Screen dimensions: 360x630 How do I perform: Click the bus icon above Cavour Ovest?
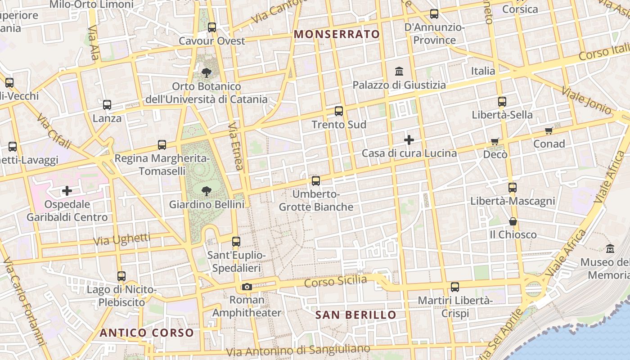(x=212, y=27)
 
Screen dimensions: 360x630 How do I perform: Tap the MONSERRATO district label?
(x=337, y=34)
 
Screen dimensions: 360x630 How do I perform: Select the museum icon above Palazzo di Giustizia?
(x=399, y=72)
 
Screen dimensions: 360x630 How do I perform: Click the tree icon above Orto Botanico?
(x=207, y=72)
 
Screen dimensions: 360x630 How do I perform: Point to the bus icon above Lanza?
(x=107, y=105)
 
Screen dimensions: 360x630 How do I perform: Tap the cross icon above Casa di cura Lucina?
(x=409, y=140)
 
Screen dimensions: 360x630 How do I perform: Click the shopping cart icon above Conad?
(x=549, y=131)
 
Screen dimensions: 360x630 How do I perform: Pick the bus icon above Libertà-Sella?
(x=502, y=102)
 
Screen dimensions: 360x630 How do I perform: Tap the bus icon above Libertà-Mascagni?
(x=513, y=188)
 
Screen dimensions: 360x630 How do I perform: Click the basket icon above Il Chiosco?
(x=513, y=221)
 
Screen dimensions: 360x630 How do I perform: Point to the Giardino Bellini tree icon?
(x=207, y=191)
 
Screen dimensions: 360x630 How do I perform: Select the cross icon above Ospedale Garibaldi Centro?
(x=67, y=191)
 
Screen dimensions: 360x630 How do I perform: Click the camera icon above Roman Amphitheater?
(x=247, y=287)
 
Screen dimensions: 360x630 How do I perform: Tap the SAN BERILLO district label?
(x=355, y=315)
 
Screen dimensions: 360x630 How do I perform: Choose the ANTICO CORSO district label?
(x=147, y=333)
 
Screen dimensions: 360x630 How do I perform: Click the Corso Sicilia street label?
(x=335, y=282)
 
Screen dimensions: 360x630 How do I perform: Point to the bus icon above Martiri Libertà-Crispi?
(x=455, y=287)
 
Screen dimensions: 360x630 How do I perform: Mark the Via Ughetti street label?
(x=121, y=239)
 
